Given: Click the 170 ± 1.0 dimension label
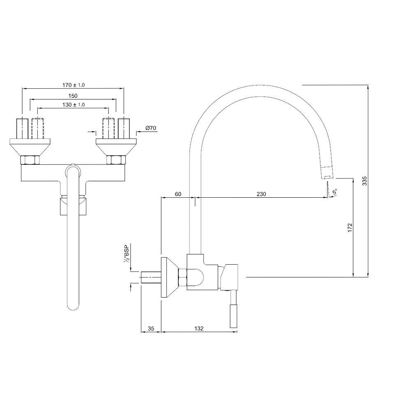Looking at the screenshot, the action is pyautogui.click(x=74, y=85).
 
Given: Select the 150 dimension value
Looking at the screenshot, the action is pyautogui.click(x=73, y=96).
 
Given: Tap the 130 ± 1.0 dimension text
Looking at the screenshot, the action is pyautogui.click(x=74, y=104).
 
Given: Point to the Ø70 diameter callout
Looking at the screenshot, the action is pyautogui.click(x=151, y=128).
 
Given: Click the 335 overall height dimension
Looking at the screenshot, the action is pyautogui.click(x=365, y=181).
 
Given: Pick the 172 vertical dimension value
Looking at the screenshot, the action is pyautogui.click(x=350, y=228).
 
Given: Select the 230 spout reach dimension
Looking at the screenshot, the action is pyautogui.click(x=261, y=194).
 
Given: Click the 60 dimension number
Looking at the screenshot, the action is pyautogui.click(x=178, y=194).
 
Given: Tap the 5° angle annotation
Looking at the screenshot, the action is pyautogui.click(x=334, y=192).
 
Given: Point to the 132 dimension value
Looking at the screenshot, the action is pyautogui.click(x=199, y=328).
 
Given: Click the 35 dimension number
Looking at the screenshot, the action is pyautogui.click(x=151, y=328).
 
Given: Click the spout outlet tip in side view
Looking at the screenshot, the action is pyautogui.click(x=327, y=177).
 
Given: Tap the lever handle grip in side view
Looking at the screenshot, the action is pyautogui.click(x=233, y=316).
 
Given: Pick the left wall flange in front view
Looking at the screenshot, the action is pyautogui.click(x=30, y=147).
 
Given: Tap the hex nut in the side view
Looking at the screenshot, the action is pyautogui.click(x=182, y=277).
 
